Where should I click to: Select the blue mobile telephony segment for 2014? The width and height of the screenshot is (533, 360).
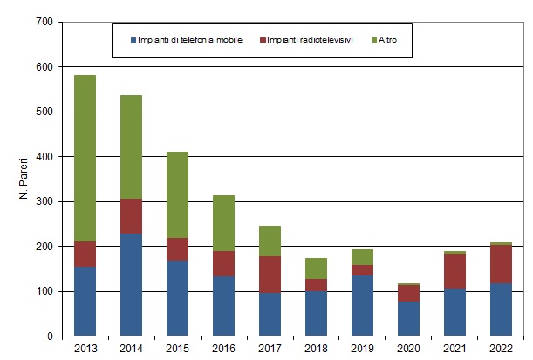[131, 284]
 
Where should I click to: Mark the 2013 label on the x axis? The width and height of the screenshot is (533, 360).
[85, 348]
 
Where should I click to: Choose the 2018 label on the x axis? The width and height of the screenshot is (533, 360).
[318, 348]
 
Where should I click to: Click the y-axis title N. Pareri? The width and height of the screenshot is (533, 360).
[24, 179]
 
